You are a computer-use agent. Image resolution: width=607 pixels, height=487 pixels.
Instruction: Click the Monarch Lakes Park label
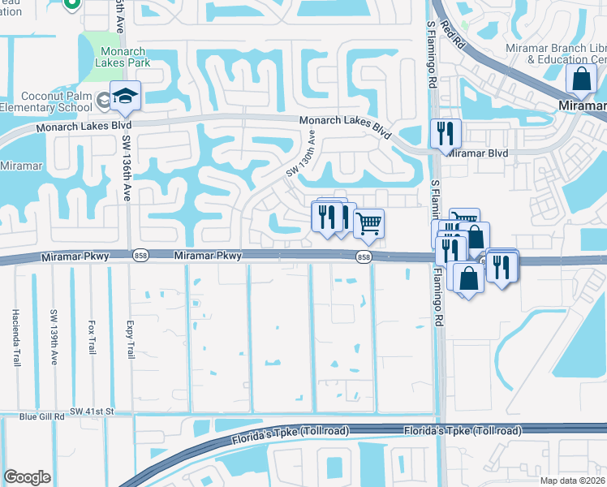122,55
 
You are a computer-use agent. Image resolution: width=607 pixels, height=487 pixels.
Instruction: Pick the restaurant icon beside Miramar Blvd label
445,133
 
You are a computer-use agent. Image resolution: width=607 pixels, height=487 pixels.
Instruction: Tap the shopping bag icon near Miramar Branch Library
582,81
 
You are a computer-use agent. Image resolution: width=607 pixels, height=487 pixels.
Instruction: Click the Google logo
27,476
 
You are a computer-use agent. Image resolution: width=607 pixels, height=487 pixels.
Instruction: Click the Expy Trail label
129,338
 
